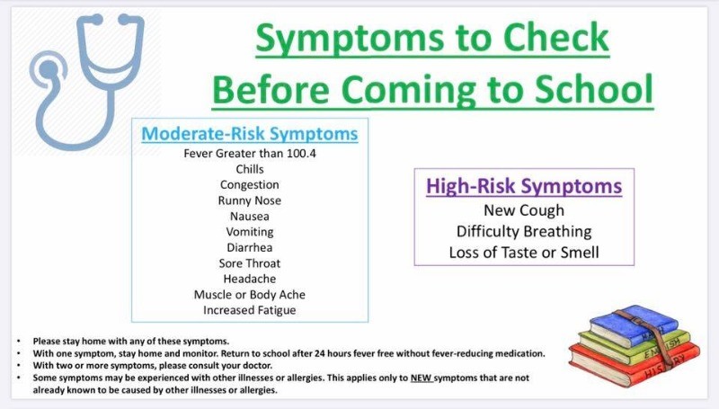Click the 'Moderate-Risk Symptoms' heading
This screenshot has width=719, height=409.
[x=250, y=134]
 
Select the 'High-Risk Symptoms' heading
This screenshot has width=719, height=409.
[x=524, y=186]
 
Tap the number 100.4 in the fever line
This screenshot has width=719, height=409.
[x=301, y=153]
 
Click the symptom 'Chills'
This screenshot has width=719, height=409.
[x=250, y=169]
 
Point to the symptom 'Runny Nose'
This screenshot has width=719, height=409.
[x=250, y=200]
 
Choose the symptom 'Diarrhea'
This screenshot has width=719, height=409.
[x=250, y=247]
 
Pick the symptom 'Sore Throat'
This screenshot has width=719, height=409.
[x=250, y=263]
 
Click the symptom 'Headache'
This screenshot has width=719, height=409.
[x=250, y=279]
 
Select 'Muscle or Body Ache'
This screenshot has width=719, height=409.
[x=250, y=295]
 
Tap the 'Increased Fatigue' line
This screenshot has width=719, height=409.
[x=250, y=310]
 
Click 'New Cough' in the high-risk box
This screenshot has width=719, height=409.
[x=524, y=210]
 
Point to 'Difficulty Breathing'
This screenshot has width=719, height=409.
[x=524, y=232]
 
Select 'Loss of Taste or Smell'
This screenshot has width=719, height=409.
[x=524, y=253]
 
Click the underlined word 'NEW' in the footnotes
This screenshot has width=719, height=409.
[x=421, y=378]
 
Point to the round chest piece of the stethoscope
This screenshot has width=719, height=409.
[x=49, y=70]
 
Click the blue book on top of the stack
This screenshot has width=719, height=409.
[x=635, y=325]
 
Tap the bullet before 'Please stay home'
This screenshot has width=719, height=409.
[x=18, y=342]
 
